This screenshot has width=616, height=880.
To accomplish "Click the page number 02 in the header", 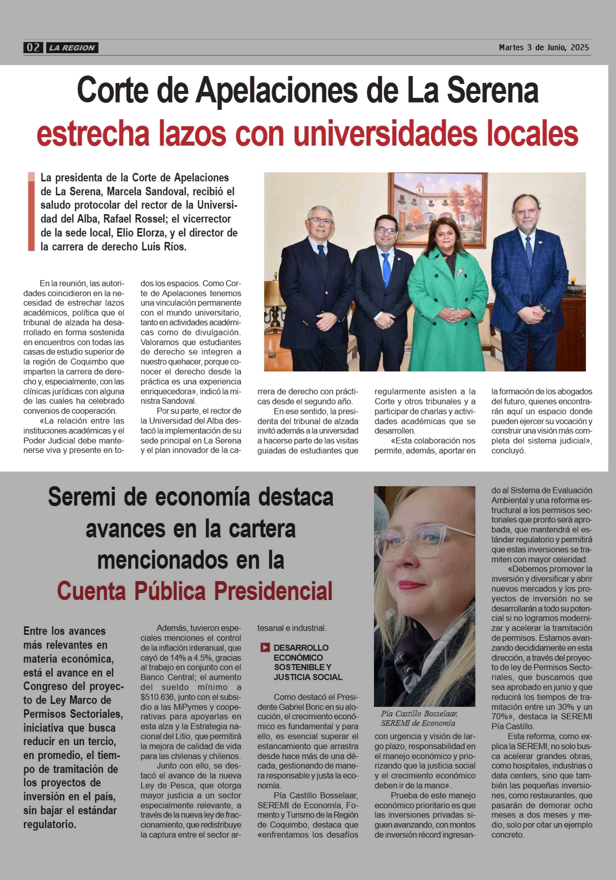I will coord(33,47).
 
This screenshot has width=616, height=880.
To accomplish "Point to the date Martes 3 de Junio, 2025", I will coord(543,47).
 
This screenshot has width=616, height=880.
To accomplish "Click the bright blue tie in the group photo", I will coord(386,268).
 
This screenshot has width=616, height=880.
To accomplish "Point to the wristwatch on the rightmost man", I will coord(543,308).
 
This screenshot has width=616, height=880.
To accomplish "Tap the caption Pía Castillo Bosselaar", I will coord(419,714).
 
